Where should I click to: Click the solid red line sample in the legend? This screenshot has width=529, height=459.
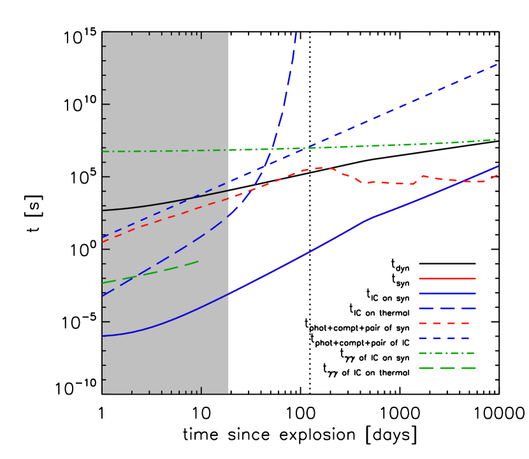tap(447, 279)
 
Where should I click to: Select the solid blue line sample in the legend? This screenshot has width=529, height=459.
tap(447, 293)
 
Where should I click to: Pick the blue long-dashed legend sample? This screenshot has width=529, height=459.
tap(447, 308)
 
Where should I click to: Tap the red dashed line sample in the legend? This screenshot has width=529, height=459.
tap(445, 323)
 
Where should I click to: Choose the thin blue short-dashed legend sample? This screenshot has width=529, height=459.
tap(445, 338)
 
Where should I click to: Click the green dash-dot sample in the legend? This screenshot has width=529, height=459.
tap(447, 353)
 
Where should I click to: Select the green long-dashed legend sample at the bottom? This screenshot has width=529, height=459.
tap(447, 368)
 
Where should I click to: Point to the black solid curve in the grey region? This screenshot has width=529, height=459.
tap(159, 203)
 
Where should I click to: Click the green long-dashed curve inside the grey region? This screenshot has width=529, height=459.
tap(159, 271)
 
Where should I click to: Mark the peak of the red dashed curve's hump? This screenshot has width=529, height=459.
tap(319, 168)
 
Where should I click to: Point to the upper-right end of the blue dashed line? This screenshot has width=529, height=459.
tap(496, 64)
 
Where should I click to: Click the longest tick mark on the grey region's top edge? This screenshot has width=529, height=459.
tap(201, 35)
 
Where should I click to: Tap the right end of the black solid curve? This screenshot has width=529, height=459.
tap(228, 191)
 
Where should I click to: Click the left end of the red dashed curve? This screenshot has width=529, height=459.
tap(103, 242)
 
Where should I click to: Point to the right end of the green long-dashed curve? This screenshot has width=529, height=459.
tap(198, 261)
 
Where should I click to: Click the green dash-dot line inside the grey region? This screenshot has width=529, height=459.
tap(159, 151)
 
